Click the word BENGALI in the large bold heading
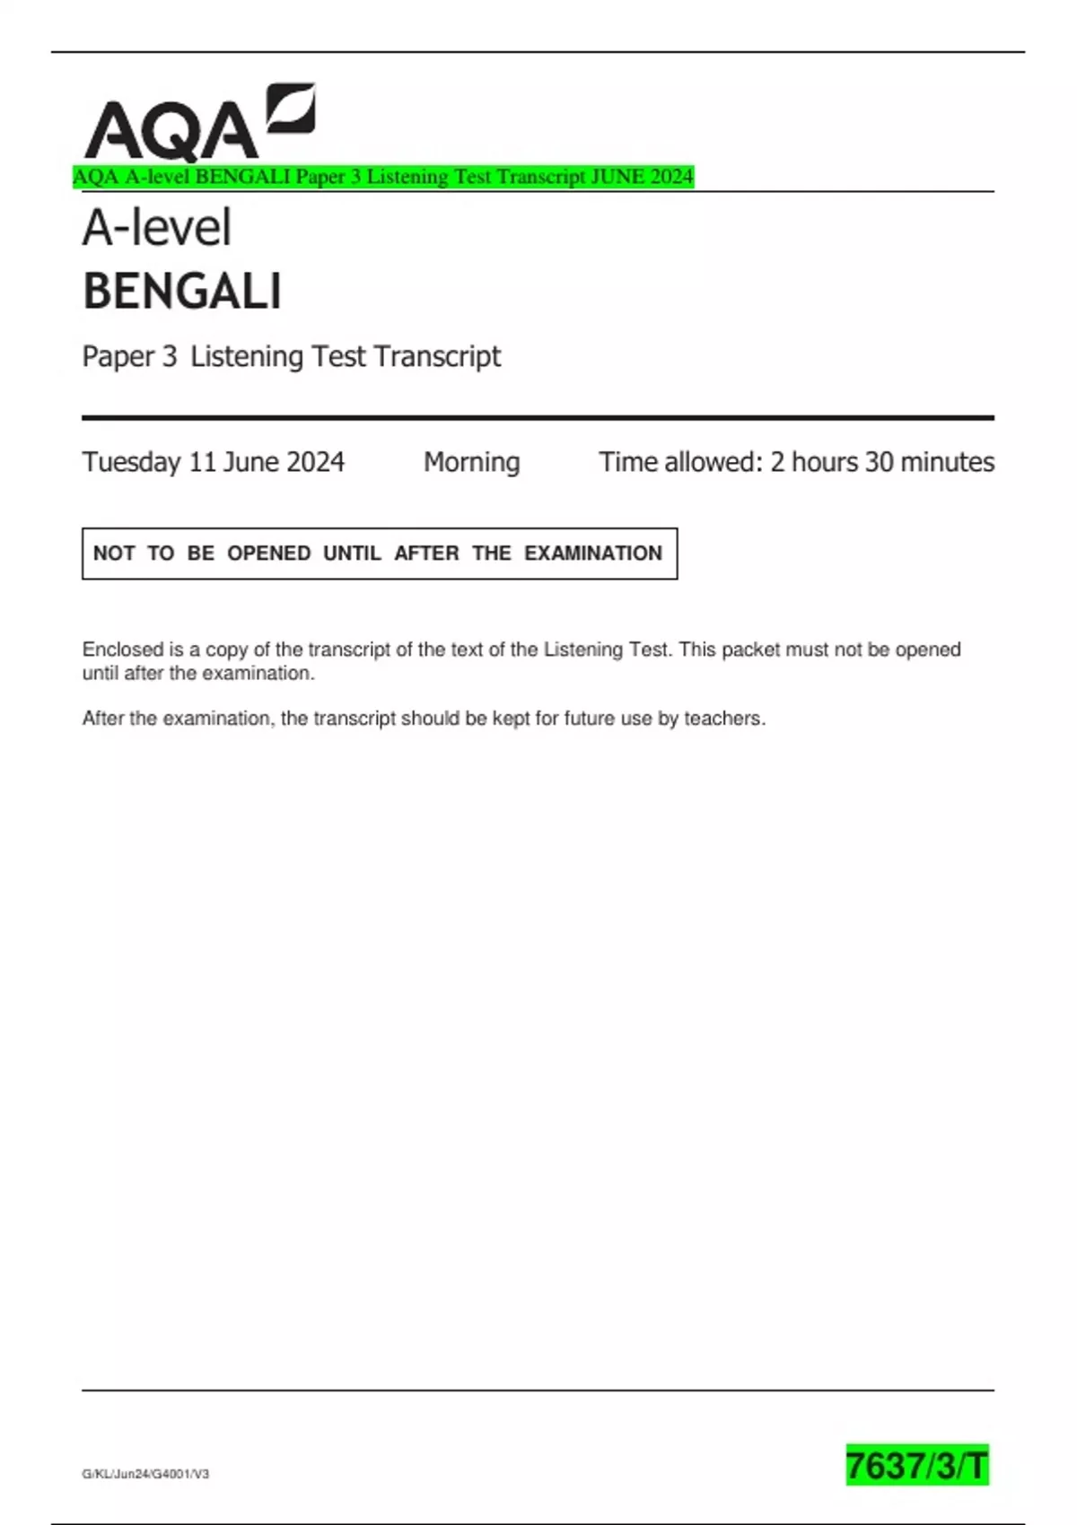[182, 292]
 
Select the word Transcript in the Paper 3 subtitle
[437, 357]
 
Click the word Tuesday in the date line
[131, 462]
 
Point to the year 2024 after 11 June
[316, 462]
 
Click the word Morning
[471, 462]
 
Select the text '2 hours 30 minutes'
[881, 462]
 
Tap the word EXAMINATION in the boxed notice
[593, 553]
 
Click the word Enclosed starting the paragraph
[123, 649]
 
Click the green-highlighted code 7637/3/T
[916, 1466]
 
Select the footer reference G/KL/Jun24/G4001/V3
[145, 1474]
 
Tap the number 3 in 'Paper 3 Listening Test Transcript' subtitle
[169, 357]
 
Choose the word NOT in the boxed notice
[114, 553]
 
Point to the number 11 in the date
[202, 462]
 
